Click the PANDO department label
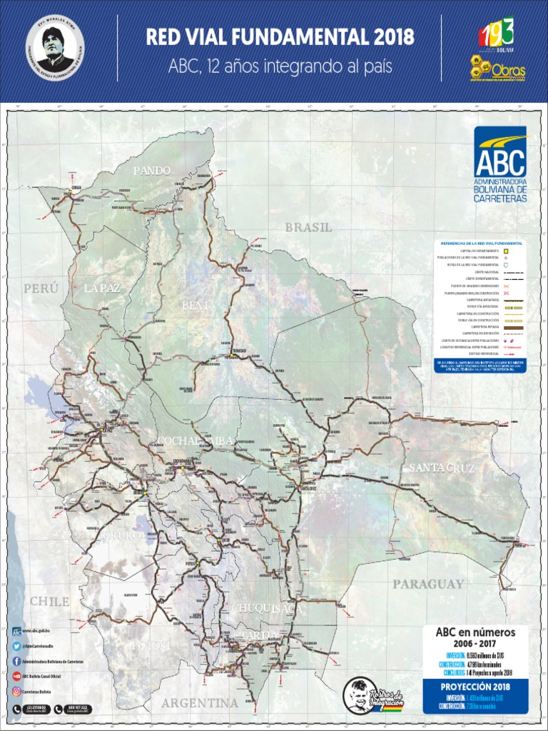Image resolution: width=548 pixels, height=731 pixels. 152,171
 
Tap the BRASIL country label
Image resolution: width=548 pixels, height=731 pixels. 308,228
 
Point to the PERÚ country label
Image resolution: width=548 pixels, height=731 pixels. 41,288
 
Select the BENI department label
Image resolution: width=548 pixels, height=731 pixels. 195,305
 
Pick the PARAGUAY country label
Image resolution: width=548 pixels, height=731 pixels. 428,584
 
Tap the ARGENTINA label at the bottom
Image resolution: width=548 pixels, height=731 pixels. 199,702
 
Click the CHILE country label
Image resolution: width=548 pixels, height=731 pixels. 49,601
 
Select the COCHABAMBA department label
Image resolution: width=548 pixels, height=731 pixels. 196,440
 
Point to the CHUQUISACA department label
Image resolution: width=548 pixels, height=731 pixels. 268,609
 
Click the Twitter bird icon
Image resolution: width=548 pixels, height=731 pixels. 16,646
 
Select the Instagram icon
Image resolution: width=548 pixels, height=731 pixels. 16,691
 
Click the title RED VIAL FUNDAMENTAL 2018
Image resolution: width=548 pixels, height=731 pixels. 280,38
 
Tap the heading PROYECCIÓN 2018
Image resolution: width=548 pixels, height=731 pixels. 465,687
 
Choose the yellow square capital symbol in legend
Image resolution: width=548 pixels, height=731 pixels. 505,251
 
